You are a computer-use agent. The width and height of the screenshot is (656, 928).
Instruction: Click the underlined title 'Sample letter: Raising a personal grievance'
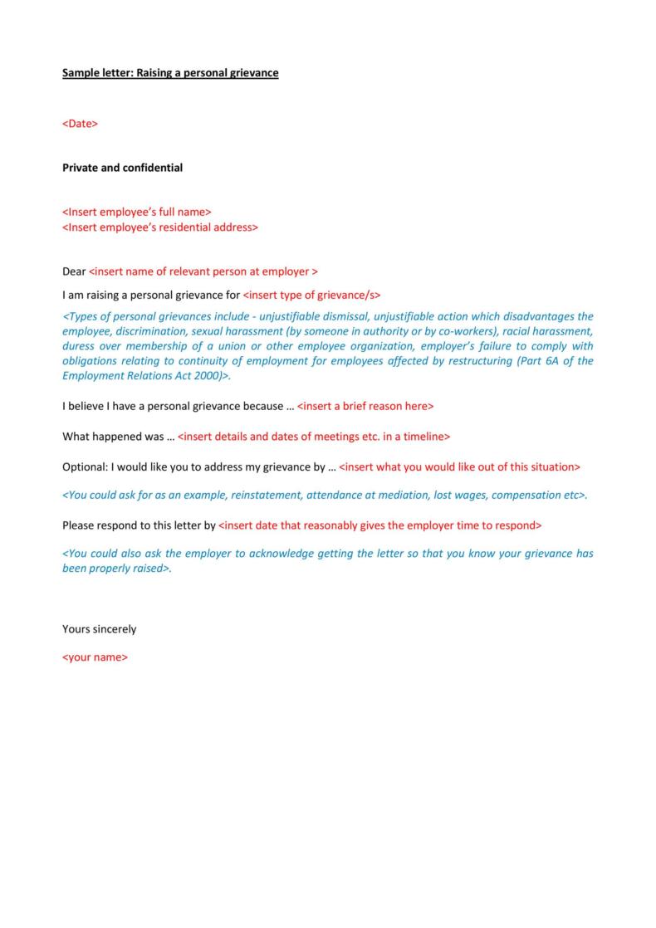(x=170, y=73)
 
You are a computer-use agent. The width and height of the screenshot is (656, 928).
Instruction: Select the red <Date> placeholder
(x=80, y=124)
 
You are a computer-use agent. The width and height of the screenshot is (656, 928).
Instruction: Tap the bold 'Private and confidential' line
(x=122, y=168)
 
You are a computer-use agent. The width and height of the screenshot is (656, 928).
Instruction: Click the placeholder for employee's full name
(x=137, y=212)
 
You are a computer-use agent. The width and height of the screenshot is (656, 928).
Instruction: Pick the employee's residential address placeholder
(x=160, y=227)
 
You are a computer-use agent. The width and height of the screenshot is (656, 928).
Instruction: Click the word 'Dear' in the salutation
(x=74, y=271)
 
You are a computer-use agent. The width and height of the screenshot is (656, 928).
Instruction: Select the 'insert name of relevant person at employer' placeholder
(x=203, y=271)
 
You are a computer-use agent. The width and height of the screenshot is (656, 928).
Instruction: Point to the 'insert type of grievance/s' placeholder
(x=311, y=295)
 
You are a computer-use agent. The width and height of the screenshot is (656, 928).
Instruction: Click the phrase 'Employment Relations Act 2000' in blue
(x=140, y=376)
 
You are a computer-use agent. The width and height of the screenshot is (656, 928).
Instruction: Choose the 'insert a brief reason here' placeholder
(x=365, y=406)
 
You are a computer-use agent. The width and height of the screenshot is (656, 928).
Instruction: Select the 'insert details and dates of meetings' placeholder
(x=314, y=437)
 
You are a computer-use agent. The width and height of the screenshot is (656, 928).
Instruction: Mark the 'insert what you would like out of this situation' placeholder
(x=459, y=466)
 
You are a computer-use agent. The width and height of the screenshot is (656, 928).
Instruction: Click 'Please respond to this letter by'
(x=139, y=525)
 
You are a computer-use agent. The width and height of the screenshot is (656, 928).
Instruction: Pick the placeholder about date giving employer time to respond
(x=379, y=525)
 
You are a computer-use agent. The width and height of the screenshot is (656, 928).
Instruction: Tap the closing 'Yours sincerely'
(x=99, y=629)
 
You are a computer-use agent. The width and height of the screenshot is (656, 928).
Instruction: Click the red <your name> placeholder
(x=95, y=657)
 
